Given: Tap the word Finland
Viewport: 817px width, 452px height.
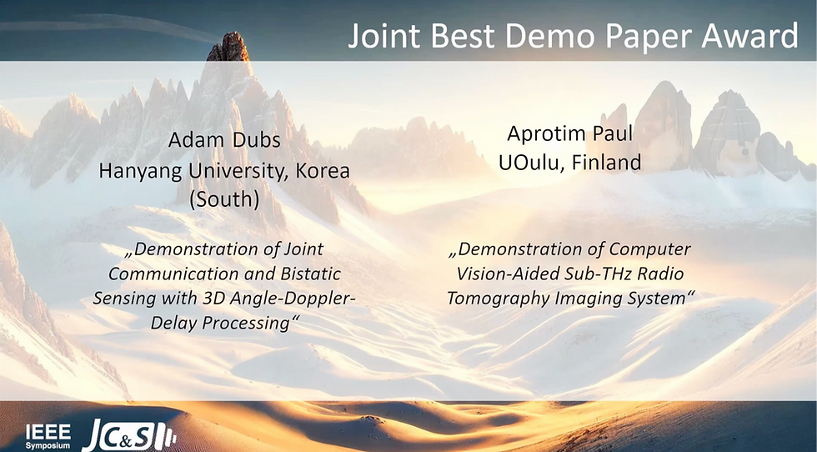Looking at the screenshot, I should coord(607,163).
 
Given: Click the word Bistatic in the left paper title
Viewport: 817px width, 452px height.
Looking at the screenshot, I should coord(309,273).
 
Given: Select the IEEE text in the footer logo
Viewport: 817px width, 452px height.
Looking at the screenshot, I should coord(43,430).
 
